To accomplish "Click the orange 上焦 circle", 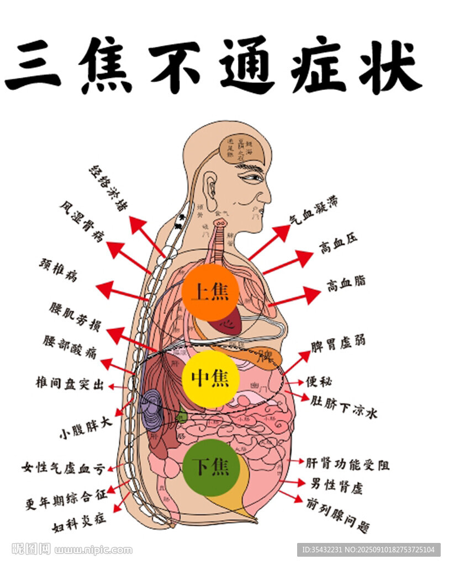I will (210, 292).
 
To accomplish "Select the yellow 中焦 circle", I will (210, 379).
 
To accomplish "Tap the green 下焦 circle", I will (210, 467).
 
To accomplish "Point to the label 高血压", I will (338, 243).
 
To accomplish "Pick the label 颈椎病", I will (57, 270).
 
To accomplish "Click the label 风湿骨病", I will (82, 222).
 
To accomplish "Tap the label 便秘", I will (319, 381).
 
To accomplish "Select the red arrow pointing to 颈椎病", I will (122, 292).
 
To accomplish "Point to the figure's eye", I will (251, 178).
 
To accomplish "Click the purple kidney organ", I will (152, 410).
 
